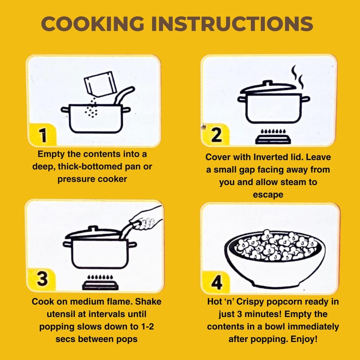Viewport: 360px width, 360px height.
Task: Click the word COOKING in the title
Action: pos(93,24)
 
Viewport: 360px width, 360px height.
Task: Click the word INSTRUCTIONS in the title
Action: pos(232,24)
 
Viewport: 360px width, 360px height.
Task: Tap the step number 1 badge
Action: pos(42,135)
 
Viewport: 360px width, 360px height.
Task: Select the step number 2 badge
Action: pos(216,135)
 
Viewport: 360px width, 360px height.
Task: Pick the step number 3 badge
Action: pos(42,279)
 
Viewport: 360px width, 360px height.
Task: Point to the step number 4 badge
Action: pos(216,282)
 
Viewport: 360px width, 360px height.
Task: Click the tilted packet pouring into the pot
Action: pos(100,84)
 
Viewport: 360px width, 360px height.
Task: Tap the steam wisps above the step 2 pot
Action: pos(297,77)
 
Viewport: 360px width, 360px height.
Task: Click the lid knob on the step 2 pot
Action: pos(267,83)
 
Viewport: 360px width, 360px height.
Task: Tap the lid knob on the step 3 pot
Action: pos(93,229)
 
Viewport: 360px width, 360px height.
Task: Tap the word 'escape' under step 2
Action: pos(268,195)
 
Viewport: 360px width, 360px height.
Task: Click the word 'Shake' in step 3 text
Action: pos(148,301)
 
